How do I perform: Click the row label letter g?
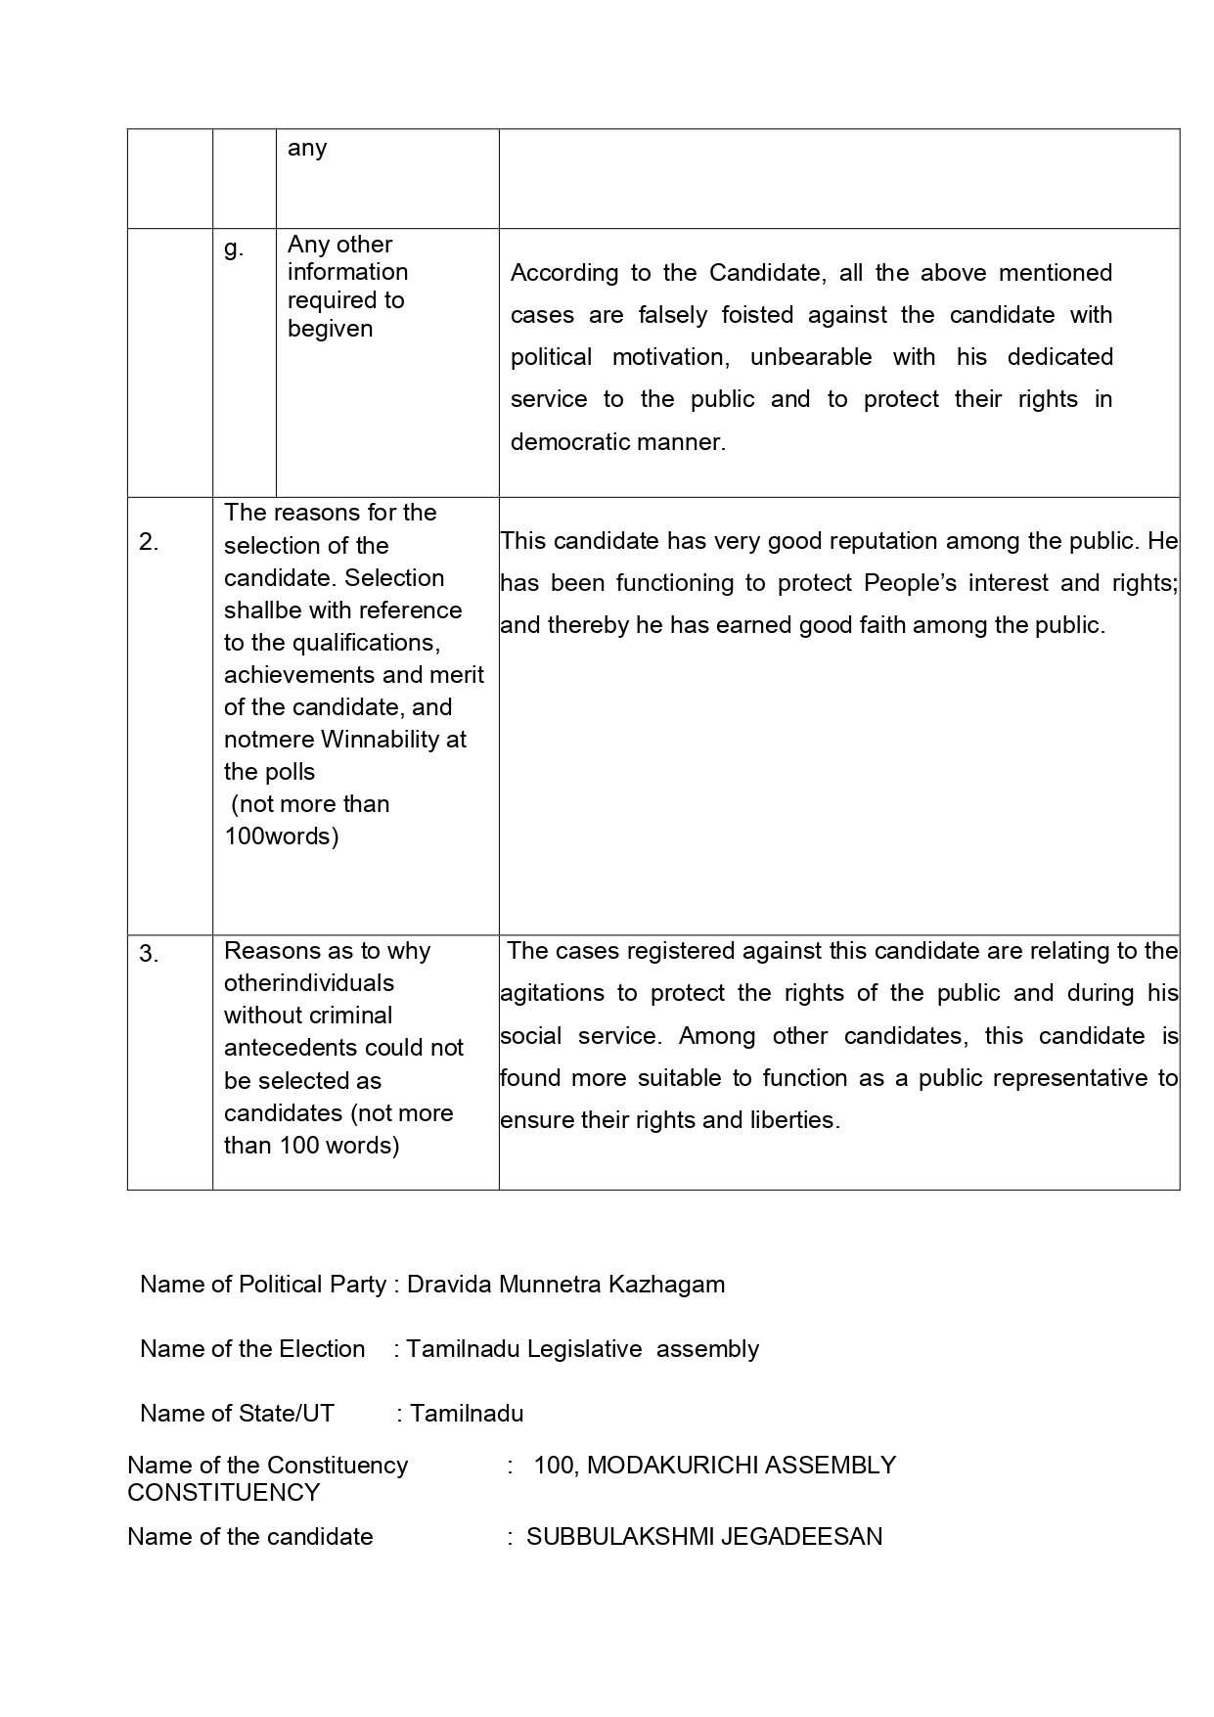pyautogui.click(x=233, y=249)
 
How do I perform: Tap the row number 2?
pyautogui.click(x=149, y=542)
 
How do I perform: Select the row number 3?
pyautogui.click(x=149, y=954)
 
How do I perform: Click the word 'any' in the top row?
pyautogui.click(x=307, y=149)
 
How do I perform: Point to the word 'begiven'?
pyautogui.click(x=330, y=329)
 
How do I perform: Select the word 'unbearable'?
pyautogui.click(x=811, y=357)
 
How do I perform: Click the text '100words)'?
pyautogui.click(x=282, y=836)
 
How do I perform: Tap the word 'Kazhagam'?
pyautogui.click(x=667, y=1285)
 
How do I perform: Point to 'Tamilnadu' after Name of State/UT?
pyautogui.click(x=467, y=1414)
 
